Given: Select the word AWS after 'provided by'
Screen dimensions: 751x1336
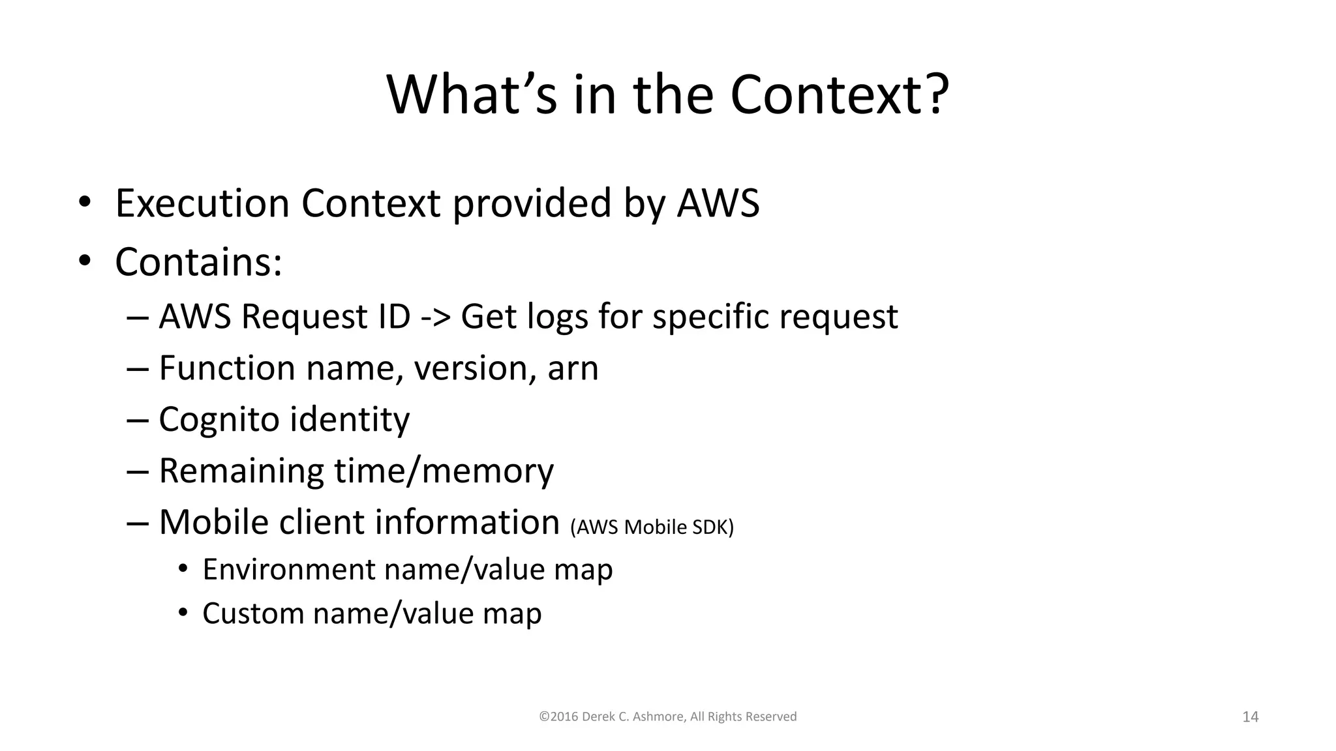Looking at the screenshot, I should [718, 203].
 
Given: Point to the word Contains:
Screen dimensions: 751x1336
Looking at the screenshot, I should [198, 262].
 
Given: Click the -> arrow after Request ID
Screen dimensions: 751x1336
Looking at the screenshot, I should [435, 317].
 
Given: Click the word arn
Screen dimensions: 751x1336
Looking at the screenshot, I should [573, 368].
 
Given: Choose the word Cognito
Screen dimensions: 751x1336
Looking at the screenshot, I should [219, 419].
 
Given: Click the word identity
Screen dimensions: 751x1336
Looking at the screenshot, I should [350, 419].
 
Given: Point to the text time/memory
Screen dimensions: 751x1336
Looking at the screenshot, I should [444, 471].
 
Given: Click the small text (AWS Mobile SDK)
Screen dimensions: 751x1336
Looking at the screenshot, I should [652, 527].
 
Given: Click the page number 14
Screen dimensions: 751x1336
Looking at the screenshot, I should [1250, 717].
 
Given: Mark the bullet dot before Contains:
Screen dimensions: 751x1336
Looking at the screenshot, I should [84, 261].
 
